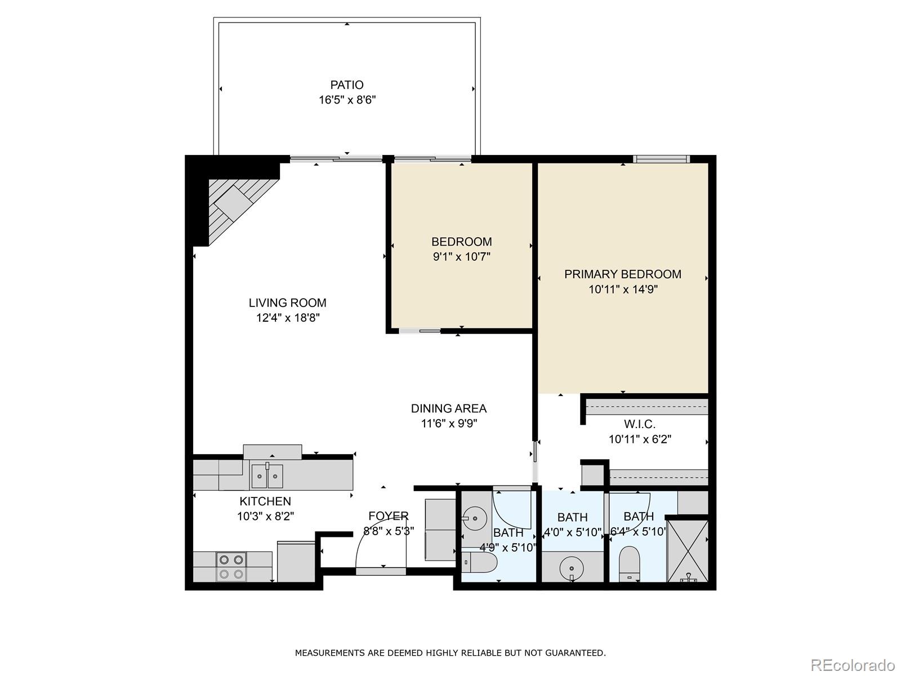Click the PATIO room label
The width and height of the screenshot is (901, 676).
point(347,85)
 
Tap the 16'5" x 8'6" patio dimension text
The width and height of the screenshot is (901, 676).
point(347,100)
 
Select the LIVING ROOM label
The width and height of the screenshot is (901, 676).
point(288,303)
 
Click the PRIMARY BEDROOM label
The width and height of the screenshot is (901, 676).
point(623,274)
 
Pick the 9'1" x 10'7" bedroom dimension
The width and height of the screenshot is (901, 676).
point(462,257)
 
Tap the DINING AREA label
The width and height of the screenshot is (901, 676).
point(449,408)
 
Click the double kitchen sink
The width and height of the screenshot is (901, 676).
point(267,476)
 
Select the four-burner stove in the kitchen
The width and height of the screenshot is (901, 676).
point(232,567)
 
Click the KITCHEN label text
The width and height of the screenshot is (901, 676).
point(265,501)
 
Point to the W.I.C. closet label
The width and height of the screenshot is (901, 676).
point(640,424)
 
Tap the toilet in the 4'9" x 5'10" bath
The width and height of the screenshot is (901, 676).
point(479,562)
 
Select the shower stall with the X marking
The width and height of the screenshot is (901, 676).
point(688,550)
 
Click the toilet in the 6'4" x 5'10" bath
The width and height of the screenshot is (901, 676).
point(630,562)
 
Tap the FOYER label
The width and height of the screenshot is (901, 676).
point(389,516)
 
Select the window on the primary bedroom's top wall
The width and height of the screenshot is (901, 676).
point(661,159)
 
